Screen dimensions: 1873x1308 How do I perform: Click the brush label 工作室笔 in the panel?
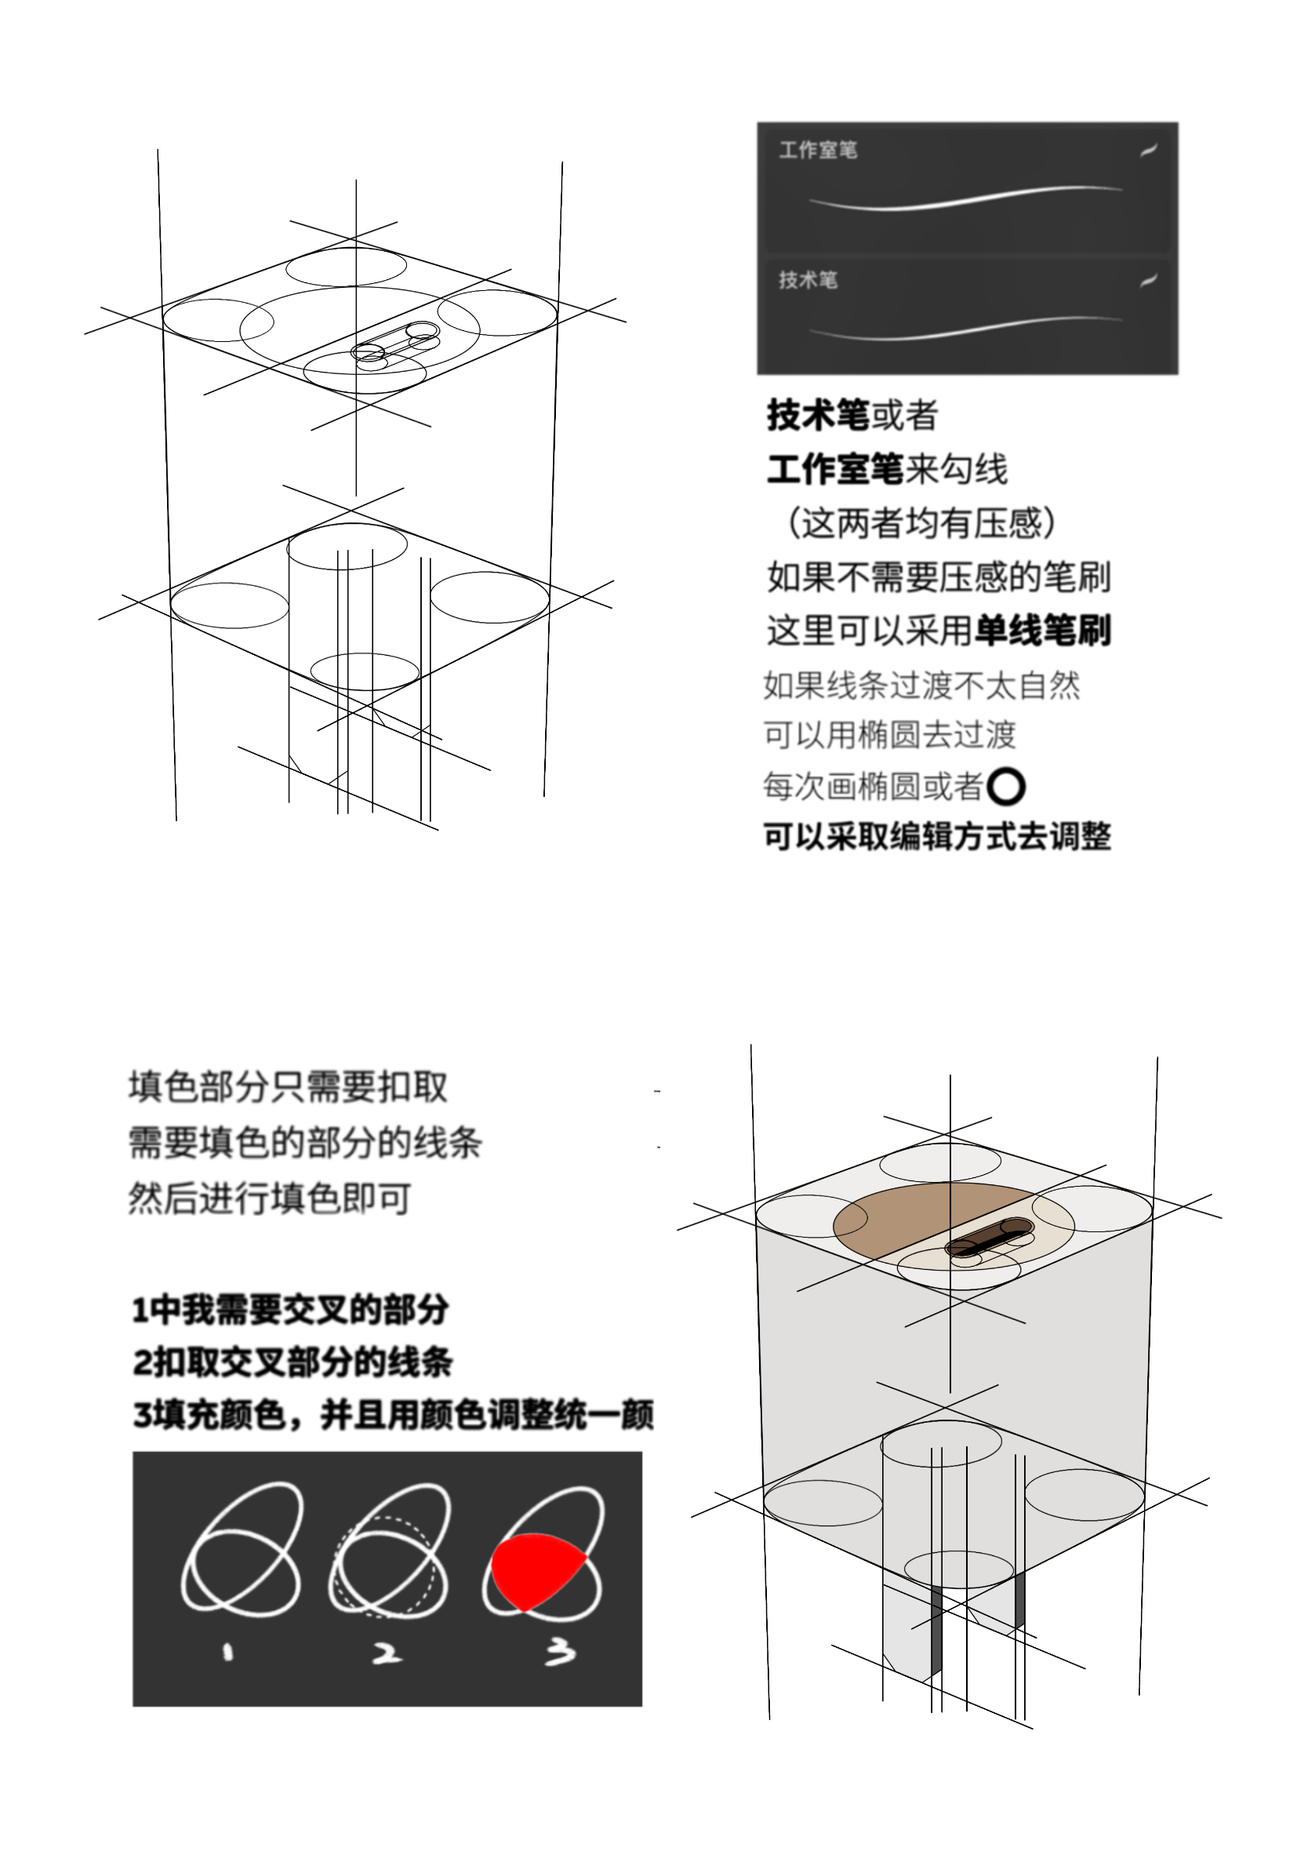pos(817,150)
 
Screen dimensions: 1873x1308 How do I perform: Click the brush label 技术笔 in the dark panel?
pos(808,280)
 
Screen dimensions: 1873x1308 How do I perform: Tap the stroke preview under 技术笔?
pos(965,328)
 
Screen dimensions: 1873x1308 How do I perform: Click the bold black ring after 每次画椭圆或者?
pos(1005,787)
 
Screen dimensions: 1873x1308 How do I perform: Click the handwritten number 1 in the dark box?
pos(227,1653)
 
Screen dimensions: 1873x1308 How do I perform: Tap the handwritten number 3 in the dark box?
pos(560,1652)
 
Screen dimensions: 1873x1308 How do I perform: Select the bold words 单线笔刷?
pos(1042,631)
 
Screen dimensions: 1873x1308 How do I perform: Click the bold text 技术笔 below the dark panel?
pos(818,415)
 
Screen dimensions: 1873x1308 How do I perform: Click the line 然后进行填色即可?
pos(269,1198)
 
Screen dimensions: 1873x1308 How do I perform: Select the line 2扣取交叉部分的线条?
pos(292,1362)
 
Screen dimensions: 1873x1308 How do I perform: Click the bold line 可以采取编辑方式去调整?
pos(937,836)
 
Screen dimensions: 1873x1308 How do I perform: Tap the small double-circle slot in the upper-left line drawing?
pos(395,342)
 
